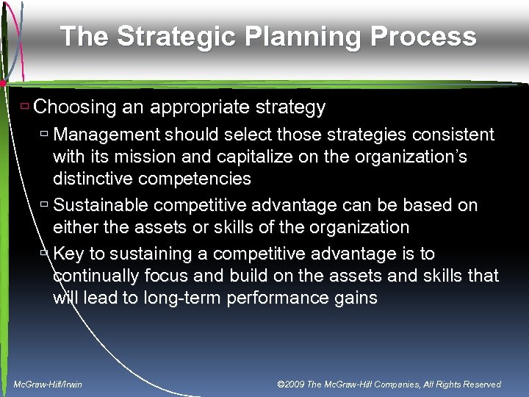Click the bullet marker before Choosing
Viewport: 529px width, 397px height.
click(x=25, y=107)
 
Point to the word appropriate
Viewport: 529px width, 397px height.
click(x=195, y=107)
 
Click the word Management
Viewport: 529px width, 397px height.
click(x=108, y=135)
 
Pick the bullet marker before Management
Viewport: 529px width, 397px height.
click(x=45, y=135)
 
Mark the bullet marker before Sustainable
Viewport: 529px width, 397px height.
click(x=45, y=205)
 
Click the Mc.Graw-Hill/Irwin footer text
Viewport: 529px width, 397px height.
click(x=48, y=384)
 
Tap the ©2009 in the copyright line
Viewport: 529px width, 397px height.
click(x=292, y=384)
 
